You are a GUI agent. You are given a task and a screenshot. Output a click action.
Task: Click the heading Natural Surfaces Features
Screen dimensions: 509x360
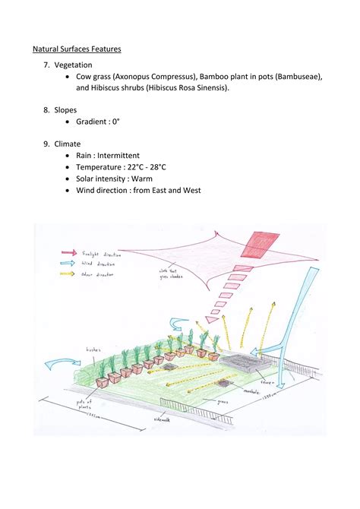coord(77,49)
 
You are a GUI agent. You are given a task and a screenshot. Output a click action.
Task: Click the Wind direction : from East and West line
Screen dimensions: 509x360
coord(138,191)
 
